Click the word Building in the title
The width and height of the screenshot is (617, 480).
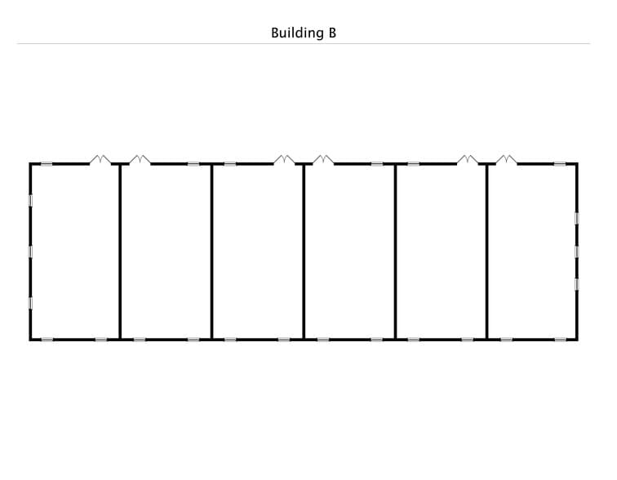pyautogui.click(x=297, y=33)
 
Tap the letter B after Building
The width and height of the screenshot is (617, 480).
pyautogui.click(x=332, y=33)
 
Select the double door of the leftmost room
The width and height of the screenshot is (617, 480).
pyautogui.click(x=100, y=160)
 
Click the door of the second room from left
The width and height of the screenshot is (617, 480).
pyautogui.click(x=140, y=160)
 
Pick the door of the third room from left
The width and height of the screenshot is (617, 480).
pyautogui.click(x=284, y=160)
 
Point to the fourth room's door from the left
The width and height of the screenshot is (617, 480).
pyautogui.click(x=323, y=160)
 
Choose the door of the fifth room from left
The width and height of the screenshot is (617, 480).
pyautogui.click(x=468, y=160)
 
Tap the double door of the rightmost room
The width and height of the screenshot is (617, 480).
pyautogui.click(x=507, y=160)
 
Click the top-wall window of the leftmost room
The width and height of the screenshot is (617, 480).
pyautogui.click(x=47, y=164)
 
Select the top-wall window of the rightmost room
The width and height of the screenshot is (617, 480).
pyautogui.click(x=561, y=164)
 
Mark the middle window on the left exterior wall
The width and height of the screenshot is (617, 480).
pyautogui.click(x=31, y=251)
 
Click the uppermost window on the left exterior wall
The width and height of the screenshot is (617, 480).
pyautogui.click(x=31, y=200)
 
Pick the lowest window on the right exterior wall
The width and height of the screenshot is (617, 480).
pyautogui.click(x=576, y=284)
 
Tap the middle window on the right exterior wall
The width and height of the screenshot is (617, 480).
pyautogui.click(x=576, y=251)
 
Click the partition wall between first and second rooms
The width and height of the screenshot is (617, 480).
pyautogui.click(x=120, y=251)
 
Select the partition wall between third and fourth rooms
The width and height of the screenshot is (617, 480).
pyautogui.click(x=304, y=251)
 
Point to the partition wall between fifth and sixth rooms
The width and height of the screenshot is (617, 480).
pyautogui.click(x=487, y=251)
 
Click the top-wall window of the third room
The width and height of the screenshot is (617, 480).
pyautogui.click(x=230, y=164)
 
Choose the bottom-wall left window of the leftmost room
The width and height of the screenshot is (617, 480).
pyautogui.click(x=47, y=340)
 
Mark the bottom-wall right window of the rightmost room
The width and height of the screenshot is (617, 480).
pyautogui.click(x=561, y=340)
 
